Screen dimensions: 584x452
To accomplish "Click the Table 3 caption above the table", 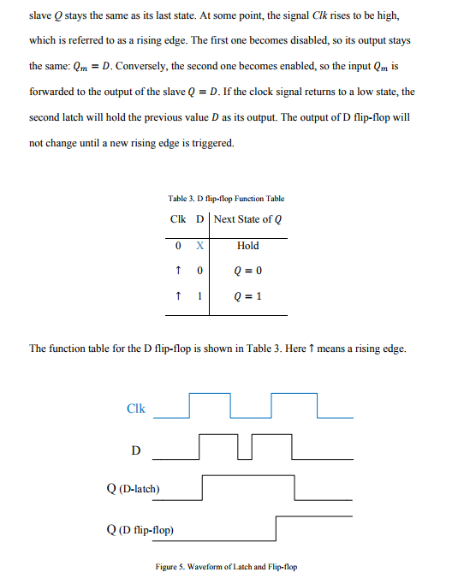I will (x=226, y=199).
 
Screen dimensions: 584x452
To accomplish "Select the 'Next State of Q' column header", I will (x=247, y=219).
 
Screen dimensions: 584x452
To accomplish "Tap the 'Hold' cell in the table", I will (x=247, y=246).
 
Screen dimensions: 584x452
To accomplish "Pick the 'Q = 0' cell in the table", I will (x=247, y=271).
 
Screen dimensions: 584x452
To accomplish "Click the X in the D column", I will (x=199, y=246).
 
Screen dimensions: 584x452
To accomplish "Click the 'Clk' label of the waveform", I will (x=136, y=408).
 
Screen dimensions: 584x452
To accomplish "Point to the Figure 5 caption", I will (x=226, y=567).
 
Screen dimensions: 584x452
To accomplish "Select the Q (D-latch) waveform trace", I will (x=248, y=478).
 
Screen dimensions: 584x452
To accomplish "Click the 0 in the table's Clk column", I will (x=176, y=246).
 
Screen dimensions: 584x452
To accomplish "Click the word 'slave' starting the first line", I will (x=40, y=16).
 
